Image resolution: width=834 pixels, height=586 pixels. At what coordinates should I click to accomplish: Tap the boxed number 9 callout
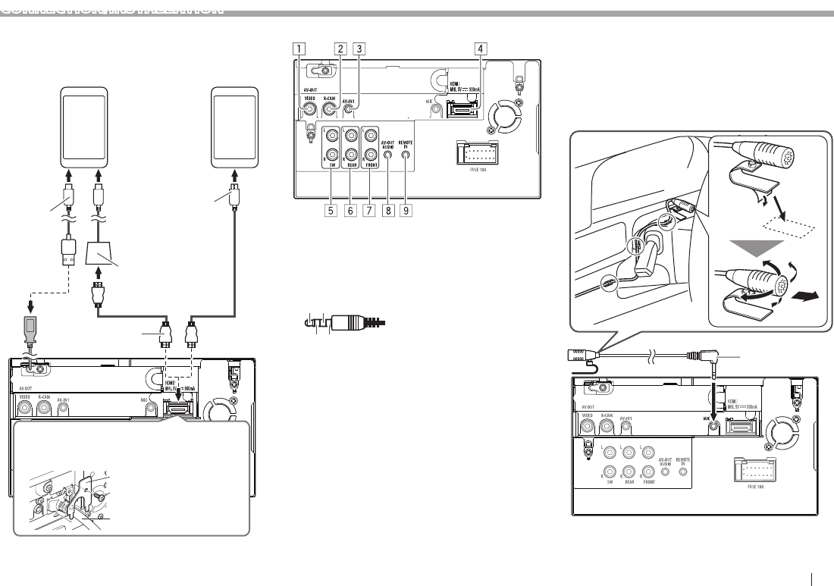pyautogui.click(x=407, y=211)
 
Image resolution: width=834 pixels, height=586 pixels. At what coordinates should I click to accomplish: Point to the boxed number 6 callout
pyautogui.click(x=350, y=211)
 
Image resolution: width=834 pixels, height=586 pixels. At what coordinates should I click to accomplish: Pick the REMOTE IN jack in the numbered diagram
pyautogui.click(x=406, y=157)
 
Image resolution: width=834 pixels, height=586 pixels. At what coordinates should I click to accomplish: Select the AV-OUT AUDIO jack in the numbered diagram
pyautogui.click(x=387, y=157)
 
